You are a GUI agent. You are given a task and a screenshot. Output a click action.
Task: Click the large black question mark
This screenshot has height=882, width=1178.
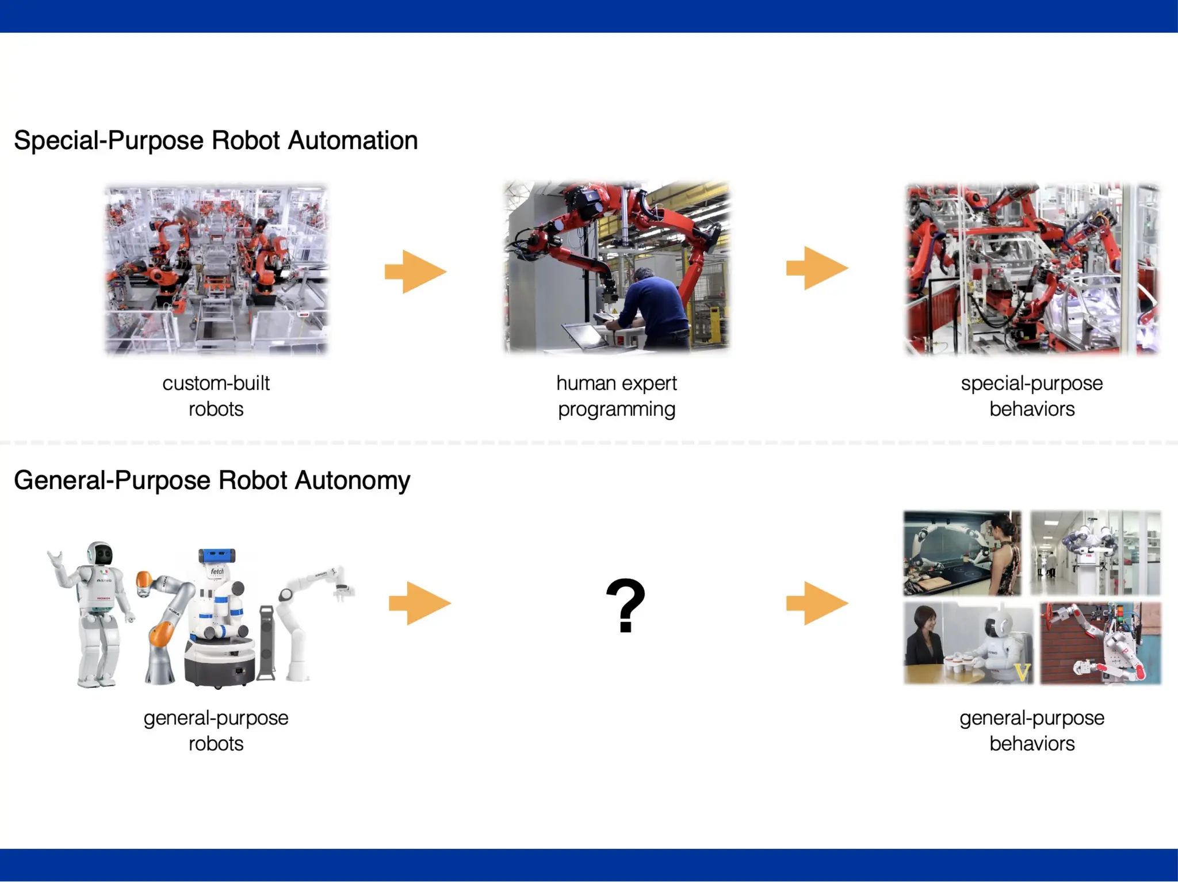625,605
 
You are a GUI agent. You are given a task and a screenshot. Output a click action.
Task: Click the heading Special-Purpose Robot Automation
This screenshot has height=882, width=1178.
216,140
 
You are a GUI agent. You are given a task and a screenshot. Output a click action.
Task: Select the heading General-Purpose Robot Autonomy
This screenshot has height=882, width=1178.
212,480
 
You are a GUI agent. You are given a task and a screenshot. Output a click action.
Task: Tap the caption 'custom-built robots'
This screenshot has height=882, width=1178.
216,396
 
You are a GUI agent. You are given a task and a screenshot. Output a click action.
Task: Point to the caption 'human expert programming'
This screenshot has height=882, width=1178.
617,396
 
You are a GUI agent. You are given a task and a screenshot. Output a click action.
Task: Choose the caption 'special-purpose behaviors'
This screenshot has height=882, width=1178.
1032,396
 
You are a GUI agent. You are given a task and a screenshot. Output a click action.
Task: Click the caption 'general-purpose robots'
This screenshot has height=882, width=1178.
216,731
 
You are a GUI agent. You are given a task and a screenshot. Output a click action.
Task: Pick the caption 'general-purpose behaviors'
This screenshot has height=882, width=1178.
1032,731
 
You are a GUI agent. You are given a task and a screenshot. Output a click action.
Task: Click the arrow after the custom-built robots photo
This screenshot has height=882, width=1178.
415,272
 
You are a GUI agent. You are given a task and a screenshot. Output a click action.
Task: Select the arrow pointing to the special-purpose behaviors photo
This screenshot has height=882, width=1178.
817,268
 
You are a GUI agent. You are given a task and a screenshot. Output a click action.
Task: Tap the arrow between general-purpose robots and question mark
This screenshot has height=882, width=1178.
419,603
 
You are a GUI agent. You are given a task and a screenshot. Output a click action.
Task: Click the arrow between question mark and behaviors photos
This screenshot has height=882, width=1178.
817,603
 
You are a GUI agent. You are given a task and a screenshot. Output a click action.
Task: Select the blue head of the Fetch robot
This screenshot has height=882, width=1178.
216,556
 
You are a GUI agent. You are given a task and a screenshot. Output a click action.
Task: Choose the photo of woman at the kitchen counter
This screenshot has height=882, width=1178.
962,553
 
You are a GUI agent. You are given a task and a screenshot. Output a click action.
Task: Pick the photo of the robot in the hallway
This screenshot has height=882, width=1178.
1095,553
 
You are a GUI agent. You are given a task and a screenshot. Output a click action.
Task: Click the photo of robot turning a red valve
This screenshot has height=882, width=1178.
1100,643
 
